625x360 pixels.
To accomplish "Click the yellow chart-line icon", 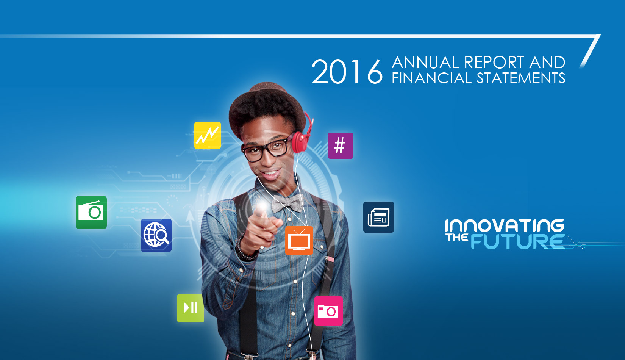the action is point(207,135).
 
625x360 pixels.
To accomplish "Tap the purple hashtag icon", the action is point(341,146).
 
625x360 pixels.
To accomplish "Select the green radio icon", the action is point(91,212).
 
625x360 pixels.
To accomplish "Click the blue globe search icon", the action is point(156,235).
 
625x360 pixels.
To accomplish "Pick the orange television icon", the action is point(299,241).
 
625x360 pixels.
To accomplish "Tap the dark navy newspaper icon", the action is point(379,218).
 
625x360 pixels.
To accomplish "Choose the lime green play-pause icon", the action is point(191,308).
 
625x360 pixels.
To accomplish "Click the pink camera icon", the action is point(328,311).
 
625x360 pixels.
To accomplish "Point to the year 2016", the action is point(347,72).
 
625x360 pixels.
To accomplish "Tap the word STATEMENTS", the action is point(521,78).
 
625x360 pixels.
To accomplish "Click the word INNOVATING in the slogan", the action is point(505,226).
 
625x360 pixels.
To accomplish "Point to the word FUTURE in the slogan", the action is point(518,242).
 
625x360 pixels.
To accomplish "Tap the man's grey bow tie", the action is point(287,203).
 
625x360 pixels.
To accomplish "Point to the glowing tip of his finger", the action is point(262,207).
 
